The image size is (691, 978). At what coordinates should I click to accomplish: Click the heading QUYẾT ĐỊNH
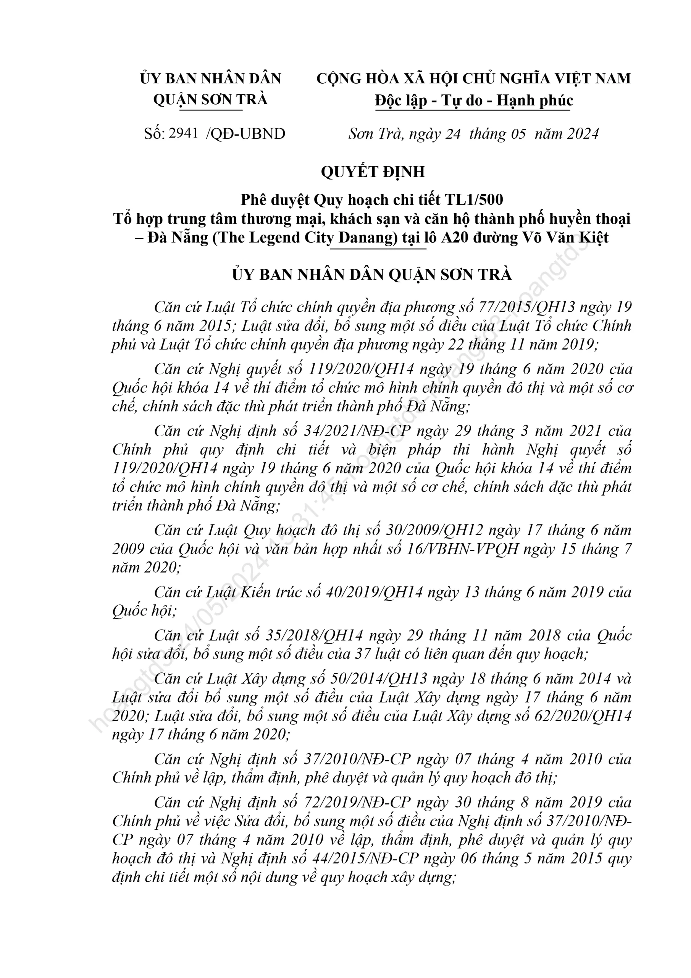tap(373, 172)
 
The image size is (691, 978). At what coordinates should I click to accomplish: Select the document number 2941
tap(184, 133)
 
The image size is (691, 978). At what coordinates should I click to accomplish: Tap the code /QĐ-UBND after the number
tap(245, 134)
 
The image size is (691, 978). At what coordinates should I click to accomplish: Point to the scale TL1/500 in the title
tap(474, 199)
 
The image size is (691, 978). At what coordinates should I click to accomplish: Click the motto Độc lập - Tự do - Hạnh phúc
tap(474, 100)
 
